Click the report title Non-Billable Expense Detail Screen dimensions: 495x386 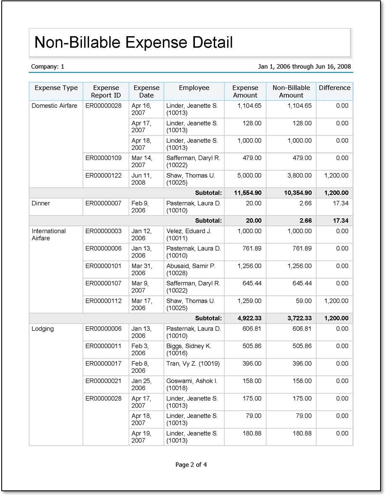tap(134, 42)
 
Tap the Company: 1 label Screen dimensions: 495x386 tap(47, 66)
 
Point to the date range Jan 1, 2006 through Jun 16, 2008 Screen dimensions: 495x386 tap(304, 66)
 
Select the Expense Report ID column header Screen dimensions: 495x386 tap(106, 92)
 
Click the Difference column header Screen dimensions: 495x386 tap(334, 88)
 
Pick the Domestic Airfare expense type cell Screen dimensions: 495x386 tap(55, 106)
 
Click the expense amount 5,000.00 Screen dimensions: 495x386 tap(249, 175)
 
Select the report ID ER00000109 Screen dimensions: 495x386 tap(103, 158)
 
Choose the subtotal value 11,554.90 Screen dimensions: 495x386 tap(248, 193)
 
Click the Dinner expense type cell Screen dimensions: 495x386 tap(41, 203)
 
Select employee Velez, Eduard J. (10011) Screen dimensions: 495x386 tap(189, 234)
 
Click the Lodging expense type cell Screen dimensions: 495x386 tap(43, 329)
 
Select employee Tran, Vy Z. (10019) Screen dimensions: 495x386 tap(193, 364)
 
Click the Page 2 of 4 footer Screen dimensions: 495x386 tap(191, 464)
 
